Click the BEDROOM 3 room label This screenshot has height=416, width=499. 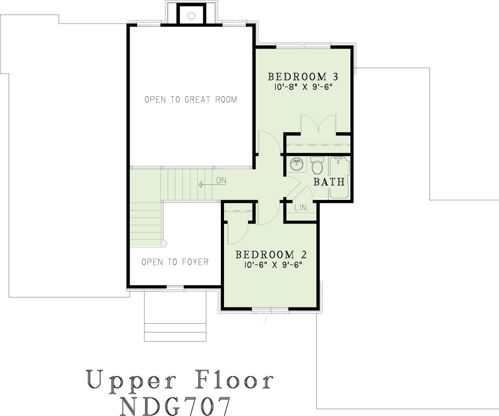pyautogui.click(x=303, y=77)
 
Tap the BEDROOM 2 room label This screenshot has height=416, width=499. pyautogui.click(x=271, y=254)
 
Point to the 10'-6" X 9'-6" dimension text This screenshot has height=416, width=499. pyautogui.click(x=273, y=265)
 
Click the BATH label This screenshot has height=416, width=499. pyautogui.click(x=329, y=182)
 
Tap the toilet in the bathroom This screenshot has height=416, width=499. pyautogui.click(x=317, y=165)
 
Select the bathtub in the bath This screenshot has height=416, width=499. pyautogui.click(x=339, y=178)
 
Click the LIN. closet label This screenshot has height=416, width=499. pyautogui.click(x=301, y=208)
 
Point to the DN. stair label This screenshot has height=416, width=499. pyautogui.click(x=222, y=181)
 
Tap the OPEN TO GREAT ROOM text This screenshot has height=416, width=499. pyautogui.click(x=190, y=99)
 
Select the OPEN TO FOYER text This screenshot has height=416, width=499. pyautogui.click(x=175, y=262)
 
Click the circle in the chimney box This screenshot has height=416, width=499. pyautogui.click(x=191, y=15)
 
